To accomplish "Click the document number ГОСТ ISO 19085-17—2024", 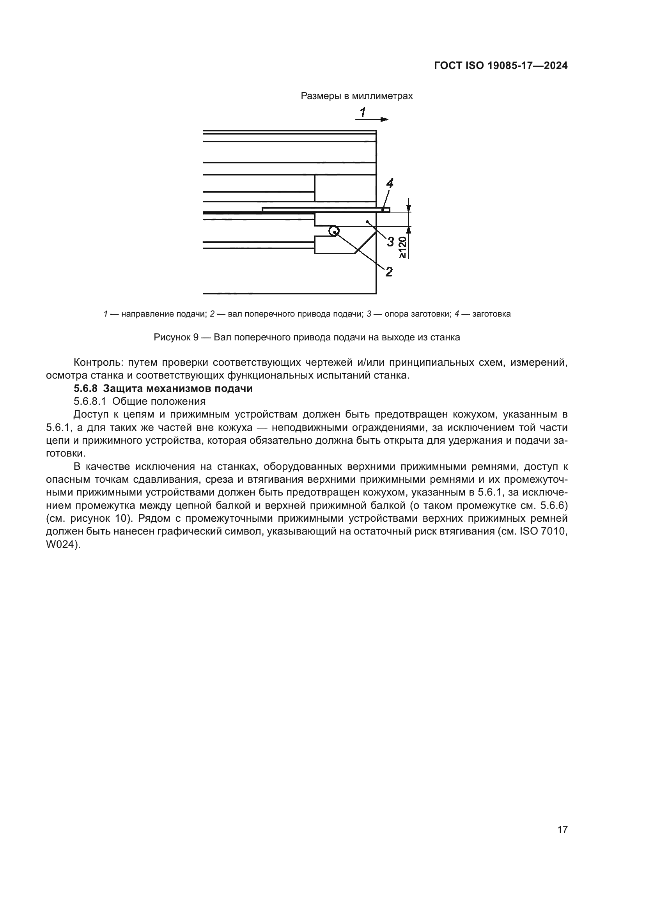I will pyautogui.click(x=500, y=66).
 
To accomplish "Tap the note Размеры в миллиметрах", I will pyautogui.click(x=356, y=96).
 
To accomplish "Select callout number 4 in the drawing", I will pyautogui.click(x=390, y=183).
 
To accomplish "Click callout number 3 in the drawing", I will pyautogui.click(x=390, y=241).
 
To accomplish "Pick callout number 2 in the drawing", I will pyautogui.click(x=389, y=272).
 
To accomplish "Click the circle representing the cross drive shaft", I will pyautogui.click(x=334, y=231).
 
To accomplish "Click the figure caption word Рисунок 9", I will pyautogui.click(x=176, y=338).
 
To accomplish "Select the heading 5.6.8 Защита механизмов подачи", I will pyautogui.click(x=163, y=388).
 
